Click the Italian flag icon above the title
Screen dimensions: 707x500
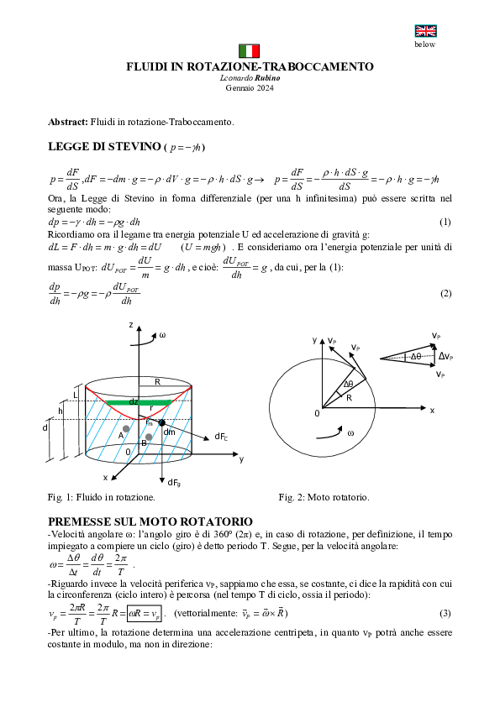tap(250, 50)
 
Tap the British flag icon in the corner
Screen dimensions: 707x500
tap(425, 32)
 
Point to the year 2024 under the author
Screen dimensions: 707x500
tap(265, 87)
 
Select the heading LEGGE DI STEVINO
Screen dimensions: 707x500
tap(104, 147)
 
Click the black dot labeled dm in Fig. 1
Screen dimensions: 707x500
tap(162, 422)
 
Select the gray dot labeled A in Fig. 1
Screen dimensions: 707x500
tap(127, 429)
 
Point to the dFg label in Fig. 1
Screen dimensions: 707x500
tap(174, 482)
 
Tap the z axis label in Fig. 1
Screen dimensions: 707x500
tap(131, 323)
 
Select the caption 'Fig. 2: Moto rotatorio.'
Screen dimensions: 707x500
tap(324, 497)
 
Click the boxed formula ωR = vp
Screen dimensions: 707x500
tap(140, 614)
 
